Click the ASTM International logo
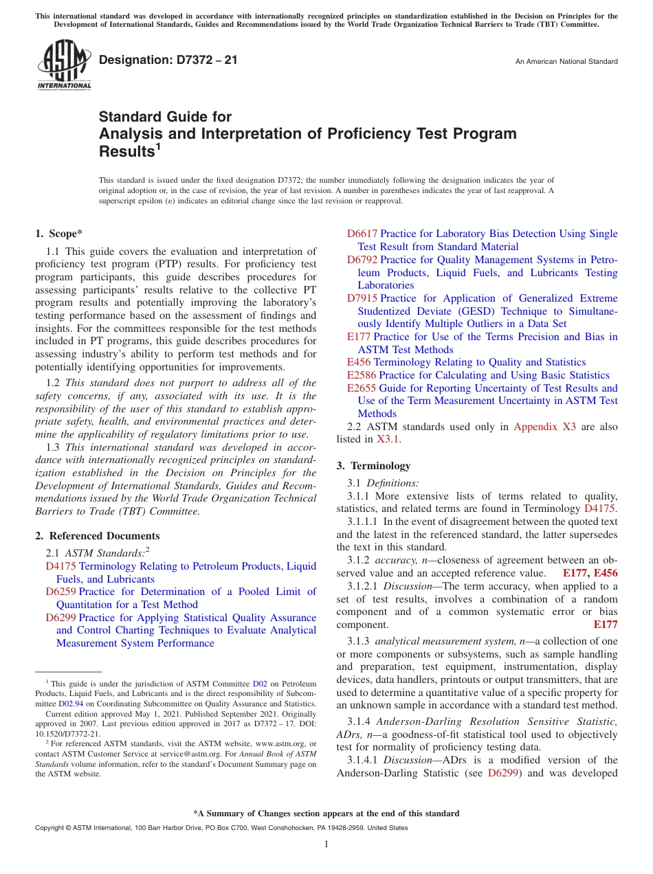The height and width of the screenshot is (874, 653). (63, 65)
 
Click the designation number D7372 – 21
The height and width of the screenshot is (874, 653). (168, 60)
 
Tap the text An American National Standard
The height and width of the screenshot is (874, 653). (566, 62)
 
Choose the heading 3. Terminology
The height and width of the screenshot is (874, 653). (373, 466)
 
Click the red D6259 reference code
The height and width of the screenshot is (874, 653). (60, 592)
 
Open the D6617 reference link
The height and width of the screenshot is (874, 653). (362, 234)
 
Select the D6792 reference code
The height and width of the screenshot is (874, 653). (362, 260)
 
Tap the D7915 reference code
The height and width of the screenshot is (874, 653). (362, 298)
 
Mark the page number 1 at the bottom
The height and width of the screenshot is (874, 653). (326, 844)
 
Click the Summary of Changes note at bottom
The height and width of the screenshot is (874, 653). (326, 814)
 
